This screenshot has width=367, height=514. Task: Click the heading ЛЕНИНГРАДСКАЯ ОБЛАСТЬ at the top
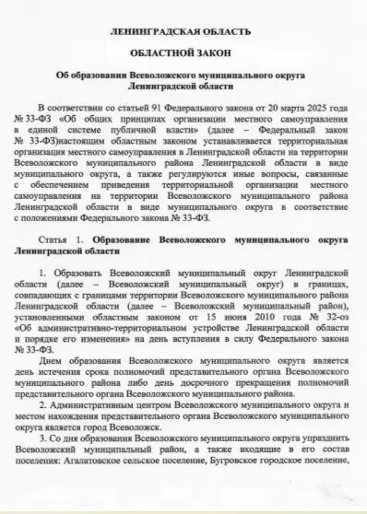pyautogui.click(x=180, y=31)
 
